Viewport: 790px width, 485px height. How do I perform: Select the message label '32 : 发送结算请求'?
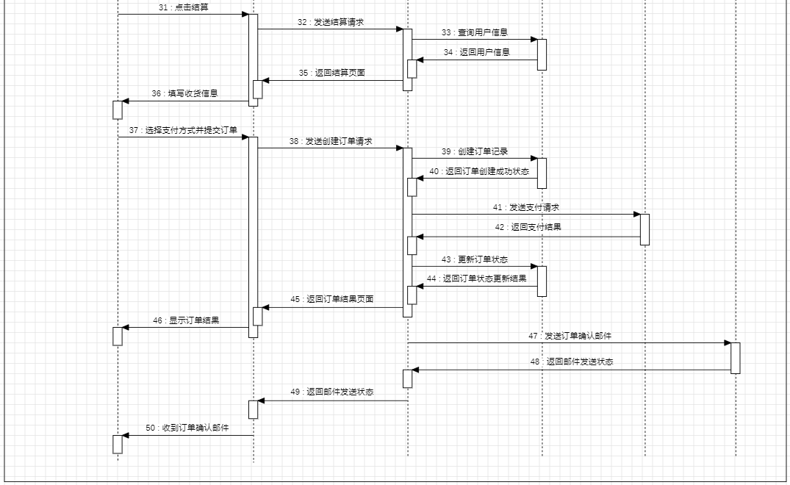pos(331,22)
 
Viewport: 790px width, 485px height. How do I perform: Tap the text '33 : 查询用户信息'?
pos(475,32)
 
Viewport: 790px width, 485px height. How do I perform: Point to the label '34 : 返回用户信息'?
pos(477,52)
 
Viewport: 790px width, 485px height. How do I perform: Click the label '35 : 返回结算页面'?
pos(332,73)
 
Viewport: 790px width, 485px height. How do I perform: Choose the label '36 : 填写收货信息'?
pos(185,93)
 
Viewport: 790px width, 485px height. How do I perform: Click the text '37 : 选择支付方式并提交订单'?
pos(184,130)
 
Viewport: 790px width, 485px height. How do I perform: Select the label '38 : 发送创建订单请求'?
pos(331,141)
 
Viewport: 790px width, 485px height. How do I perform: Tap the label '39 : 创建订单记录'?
pos(475,151)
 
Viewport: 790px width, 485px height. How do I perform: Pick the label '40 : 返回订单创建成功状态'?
pos(479,171)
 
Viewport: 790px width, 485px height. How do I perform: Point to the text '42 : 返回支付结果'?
pos(528,227)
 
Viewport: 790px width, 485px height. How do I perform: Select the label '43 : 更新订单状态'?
pos(475,259)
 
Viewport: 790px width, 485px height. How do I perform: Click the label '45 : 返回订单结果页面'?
pos(332,299)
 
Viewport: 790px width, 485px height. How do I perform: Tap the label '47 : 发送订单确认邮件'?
pos(570,336)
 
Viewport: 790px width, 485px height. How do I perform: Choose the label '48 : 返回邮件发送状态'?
pos(572,362)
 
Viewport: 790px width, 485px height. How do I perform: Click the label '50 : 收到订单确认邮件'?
pos(187,428)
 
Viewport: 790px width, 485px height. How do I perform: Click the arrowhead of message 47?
pos(727,342)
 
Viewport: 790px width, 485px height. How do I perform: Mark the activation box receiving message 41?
pos(644,229)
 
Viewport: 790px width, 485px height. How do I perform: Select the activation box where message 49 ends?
pos(253,409)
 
